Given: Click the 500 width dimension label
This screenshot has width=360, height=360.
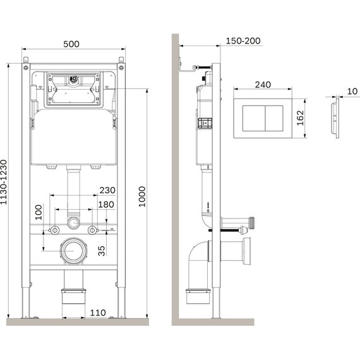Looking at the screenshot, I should tap(71, 44).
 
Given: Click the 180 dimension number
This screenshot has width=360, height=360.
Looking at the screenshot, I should tap(105, 204).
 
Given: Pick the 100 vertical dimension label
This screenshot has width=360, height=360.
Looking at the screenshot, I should tap(38, 211).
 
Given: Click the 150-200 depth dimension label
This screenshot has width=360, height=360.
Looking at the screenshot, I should tap(243, 40).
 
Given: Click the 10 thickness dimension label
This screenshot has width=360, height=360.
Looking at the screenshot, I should tap(351, 91).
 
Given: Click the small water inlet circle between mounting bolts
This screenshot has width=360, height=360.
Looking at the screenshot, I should tap(74, 223).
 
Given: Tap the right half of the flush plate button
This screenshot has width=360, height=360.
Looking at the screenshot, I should tap(275, 117).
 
